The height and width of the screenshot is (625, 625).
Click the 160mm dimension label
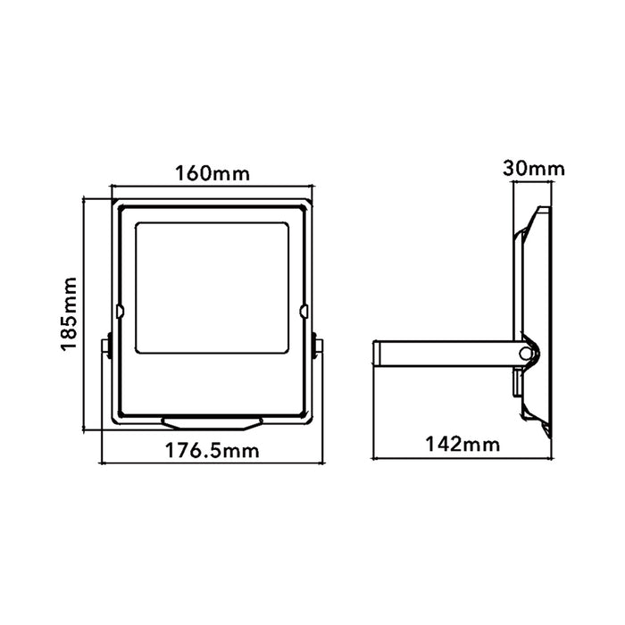pos(212,174)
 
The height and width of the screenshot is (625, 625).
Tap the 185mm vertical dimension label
pos(69,314)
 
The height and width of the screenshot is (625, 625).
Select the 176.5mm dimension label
pos(212,451)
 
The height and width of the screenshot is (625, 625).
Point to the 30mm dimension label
pos(534,169)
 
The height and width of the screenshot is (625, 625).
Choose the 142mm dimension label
pos(462,444)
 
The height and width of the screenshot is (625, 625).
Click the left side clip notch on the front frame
pos(119,312)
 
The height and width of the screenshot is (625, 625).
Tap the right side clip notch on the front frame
pos(304,312)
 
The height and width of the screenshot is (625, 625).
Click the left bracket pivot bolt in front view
pos(107,345)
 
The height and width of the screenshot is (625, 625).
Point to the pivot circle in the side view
pos(525,353)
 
